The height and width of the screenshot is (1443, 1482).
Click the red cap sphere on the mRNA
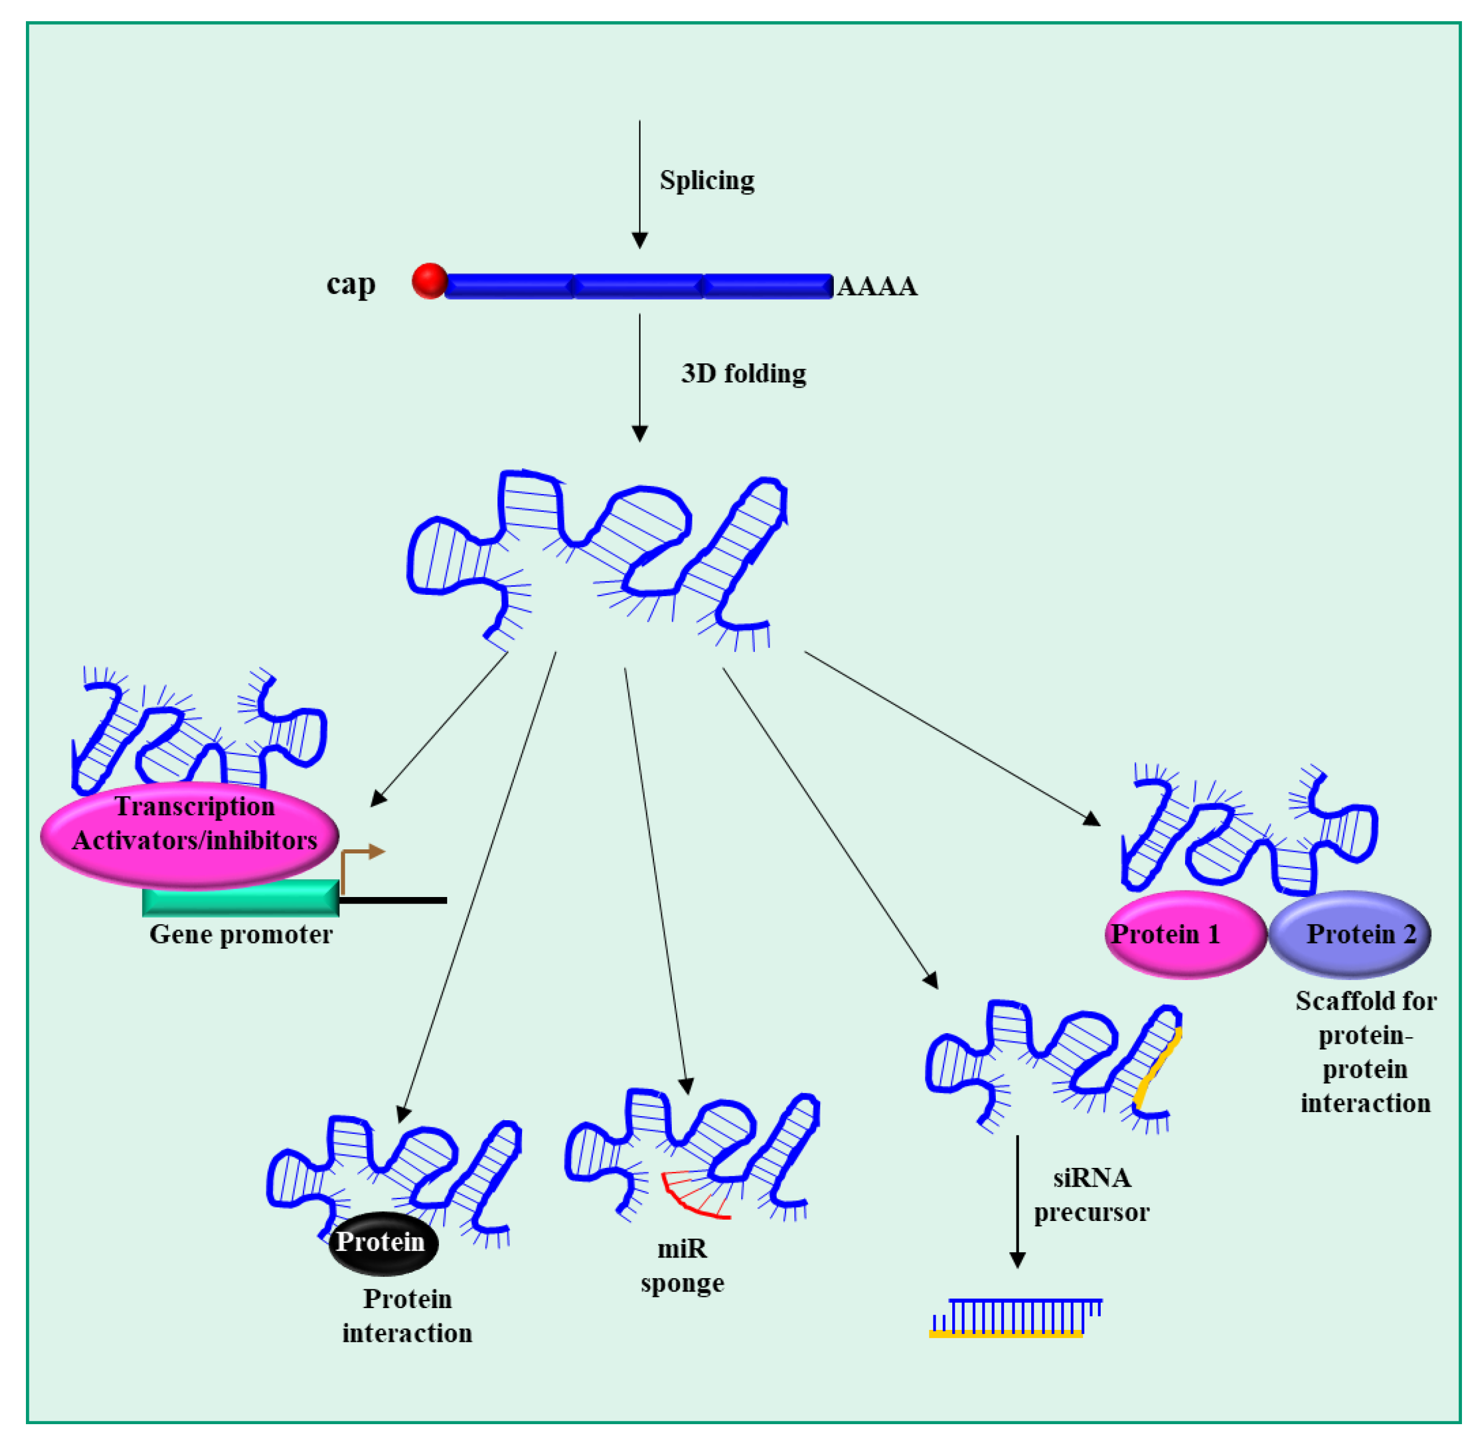point(429,280)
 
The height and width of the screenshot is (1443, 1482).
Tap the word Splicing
point(706,180)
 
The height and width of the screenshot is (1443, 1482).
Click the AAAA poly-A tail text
point(877,286)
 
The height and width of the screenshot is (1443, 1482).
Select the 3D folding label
point(743,373)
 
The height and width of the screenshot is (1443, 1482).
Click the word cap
point(350,284)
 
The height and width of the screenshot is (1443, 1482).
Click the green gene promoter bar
point(240,898)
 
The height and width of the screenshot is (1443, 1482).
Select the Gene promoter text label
point(240,935)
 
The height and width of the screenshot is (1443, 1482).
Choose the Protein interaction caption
point(407,1316)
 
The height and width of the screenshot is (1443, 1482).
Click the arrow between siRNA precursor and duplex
point(1017,1197)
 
